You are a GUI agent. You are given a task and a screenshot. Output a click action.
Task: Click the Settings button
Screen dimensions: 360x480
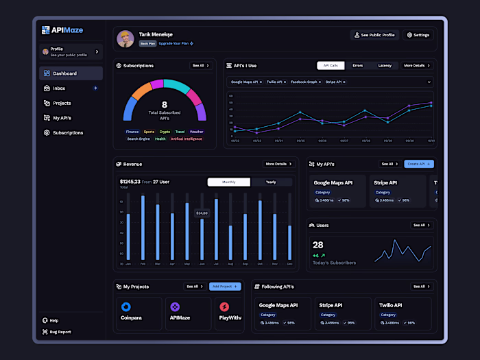point(418,35)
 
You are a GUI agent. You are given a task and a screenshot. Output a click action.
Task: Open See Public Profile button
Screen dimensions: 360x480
point(374,35)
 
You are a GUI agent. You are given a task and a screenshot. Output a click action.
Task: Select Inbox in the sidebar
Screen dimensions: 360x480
point(59,88)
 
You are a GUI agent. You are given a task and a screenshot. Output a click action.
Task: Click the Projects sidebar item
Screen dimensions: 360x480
point(62,104)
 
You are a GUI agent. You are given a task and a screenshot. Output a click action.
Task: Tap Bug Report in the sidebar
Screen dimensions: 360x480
point(60,332)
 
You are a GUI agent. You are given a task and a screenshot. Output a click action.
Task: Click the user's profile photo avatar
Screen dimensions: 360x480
point(125,38)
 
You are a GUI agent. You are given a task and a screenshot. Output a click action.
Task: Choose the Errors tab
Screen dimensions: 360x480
point(357,66)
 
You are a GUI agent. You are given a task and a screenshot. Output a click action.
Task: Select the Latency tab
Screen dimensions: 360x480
point(385,66)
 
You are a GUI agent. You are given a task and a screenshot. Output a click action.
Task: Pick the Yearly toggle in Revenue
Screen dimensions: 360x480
point(271,182)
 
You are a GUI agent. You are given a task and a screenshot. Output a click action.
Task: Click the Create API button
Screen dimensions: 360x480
point(419,164)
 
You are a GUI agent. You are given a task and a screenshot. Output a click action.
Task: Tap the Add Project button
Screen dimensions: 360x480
point(225,286)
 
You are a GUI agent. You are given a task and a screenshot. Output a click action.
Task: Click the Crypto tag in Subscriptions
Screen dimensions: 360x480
point(165,132)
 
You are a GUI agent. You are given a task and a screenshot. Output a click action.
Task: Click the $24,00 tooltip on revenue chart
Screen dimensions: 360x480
point(202,213)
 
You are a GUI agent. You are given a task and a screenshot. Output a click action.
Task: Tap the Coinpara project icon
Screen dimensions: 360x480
point(126,307)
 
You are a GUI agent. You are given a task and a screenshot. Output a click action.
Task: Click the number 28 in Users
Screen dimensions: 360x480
point(318,245)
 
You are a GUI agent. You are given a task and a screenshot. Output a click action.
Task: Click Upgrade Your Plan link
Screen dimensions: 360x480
point(176,43)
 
